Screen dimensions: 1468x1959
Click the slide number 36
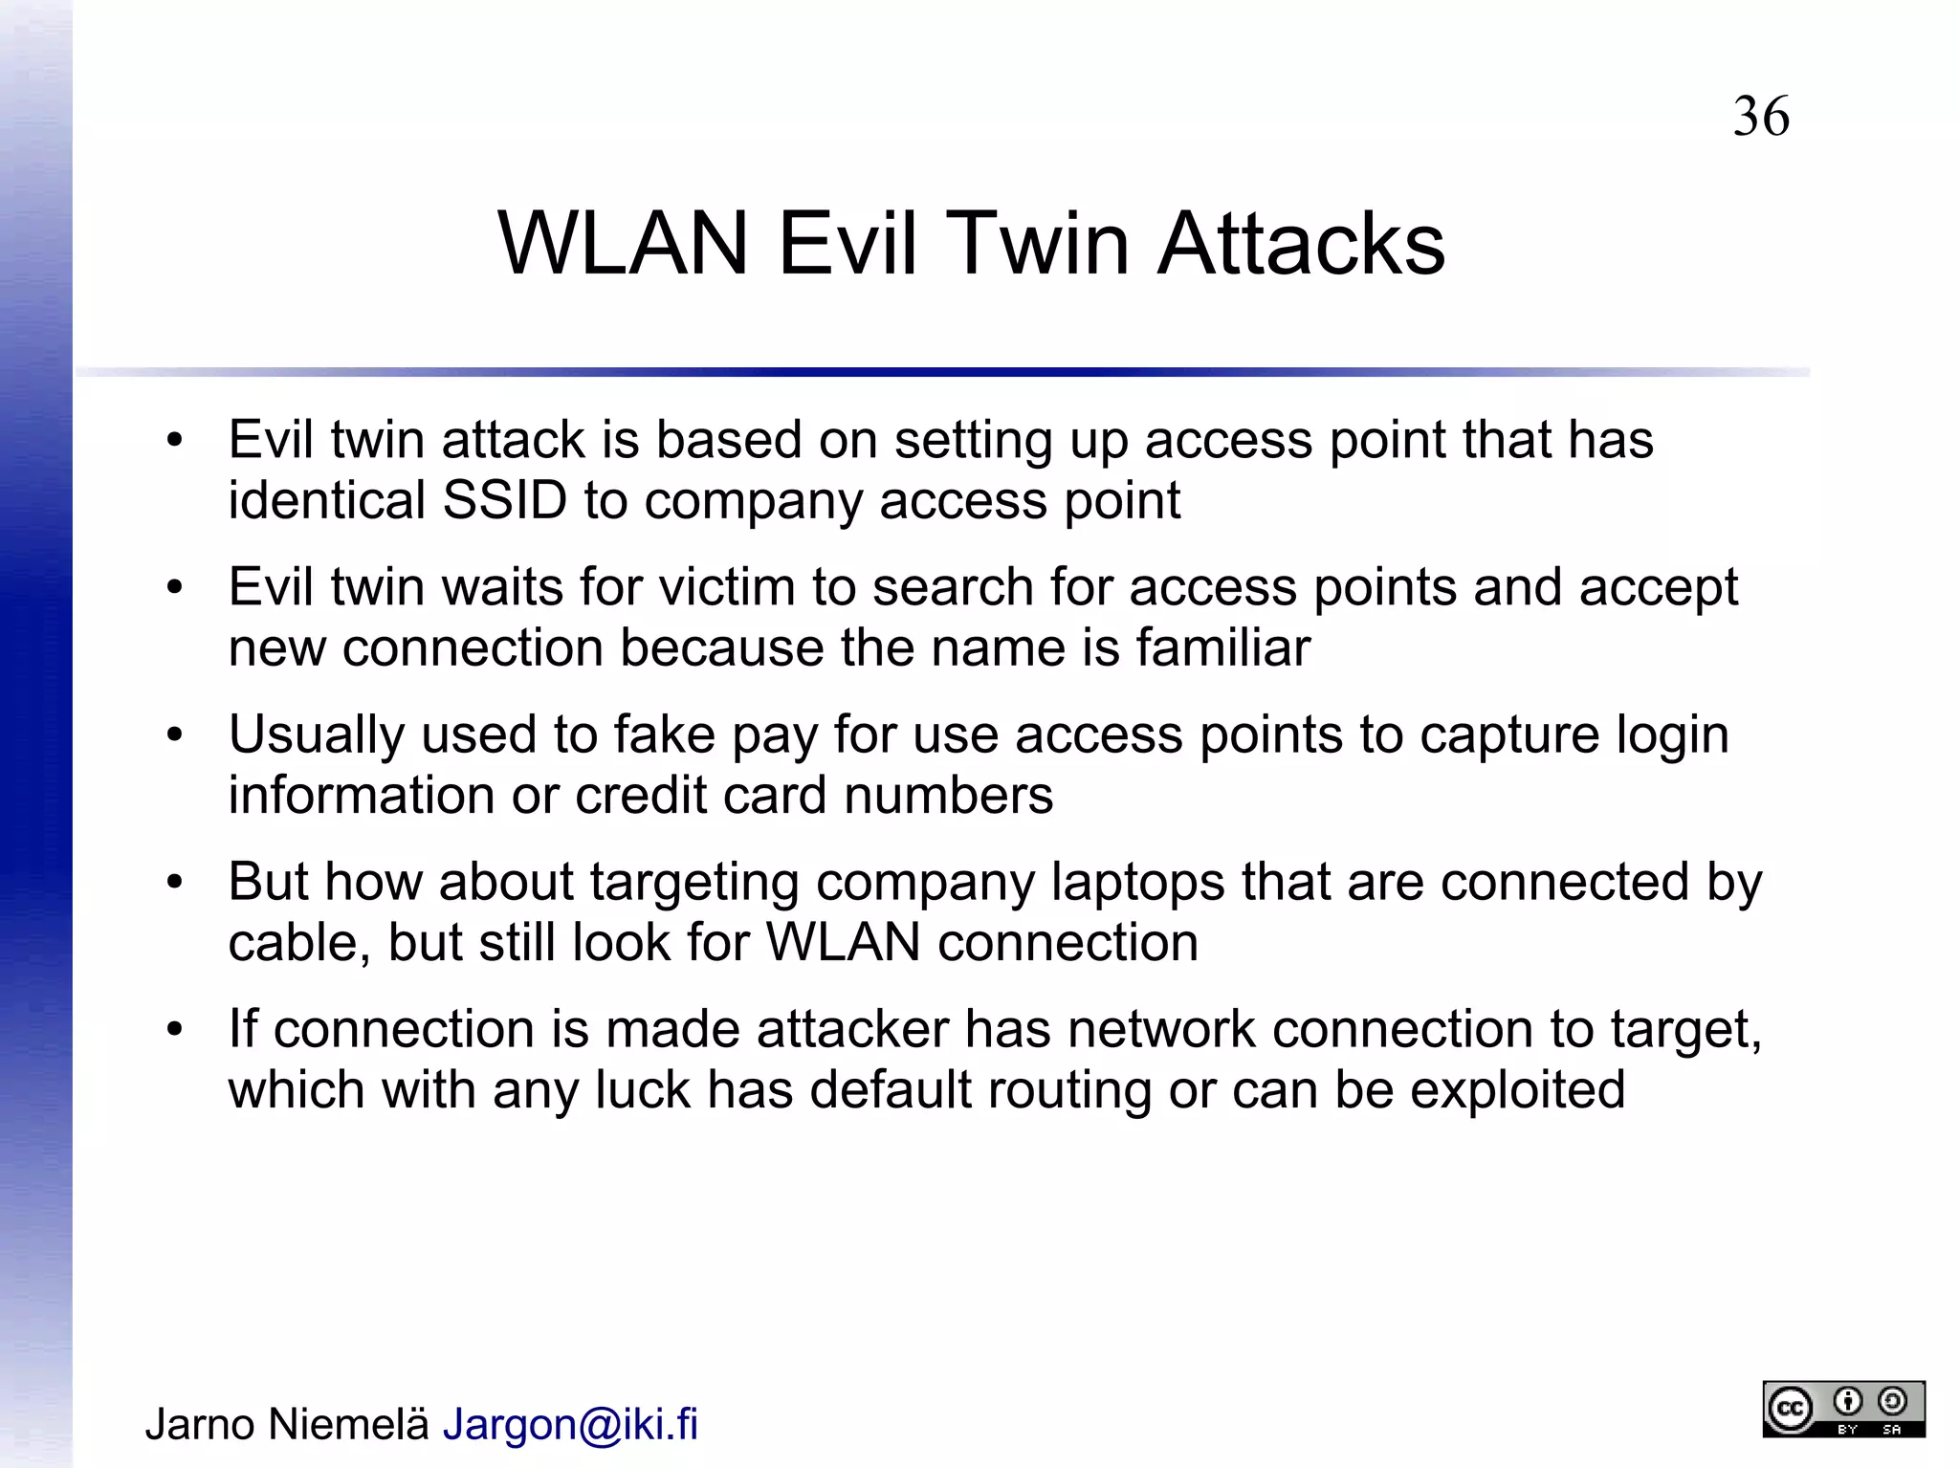coord(1760,117)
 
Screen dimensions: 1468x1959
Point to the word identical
coord(326,500)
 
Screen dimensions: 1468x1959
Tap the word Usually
coord(316,734)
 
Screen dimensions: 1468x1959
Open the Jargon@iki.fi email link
coord(570,1424)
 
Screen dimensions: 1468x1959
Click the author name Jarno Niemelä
coord(287,1424)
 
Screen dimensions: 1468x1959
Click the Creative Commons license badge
coord(1843,1409)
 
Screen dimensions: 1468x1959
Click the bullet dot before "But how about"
coord(173,883)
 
